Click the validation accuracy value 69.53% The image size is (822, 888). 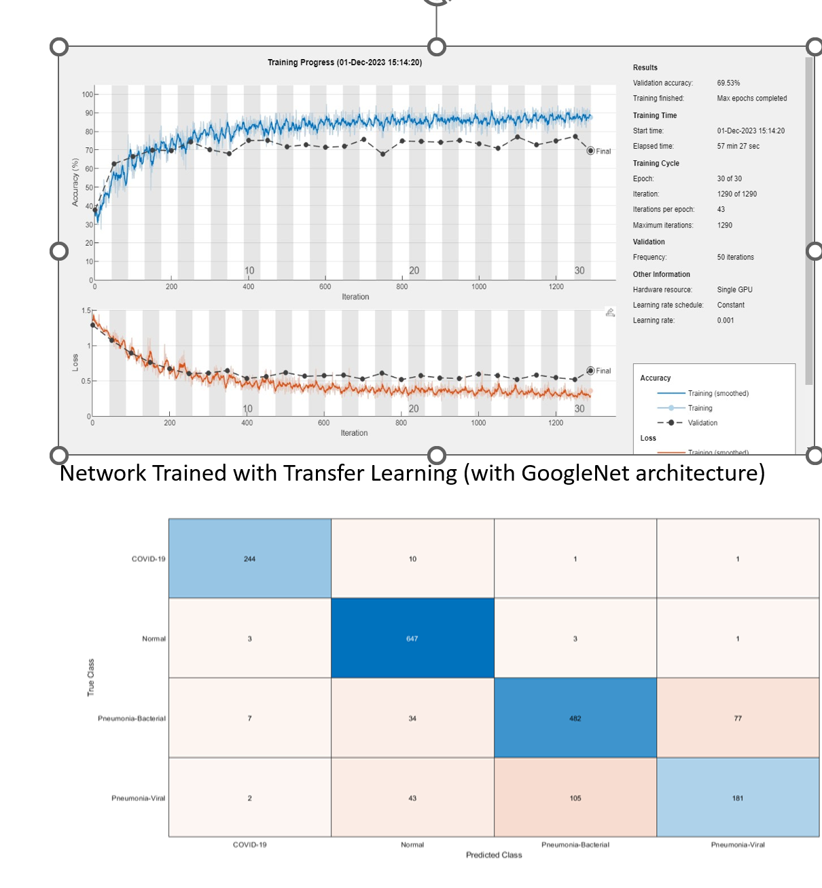click(728, 83)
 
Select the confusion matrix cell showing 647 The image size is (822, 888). click(412, 638)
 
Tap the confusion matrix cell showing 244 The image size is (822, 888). click(249, 559)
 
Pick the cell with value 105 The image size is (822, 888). click(575, 798)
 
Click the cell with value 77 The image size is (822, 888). click(738, 718)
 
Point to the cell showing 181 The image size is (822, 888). click(738, 798)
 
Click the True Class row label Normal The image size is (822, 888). click(154, 638)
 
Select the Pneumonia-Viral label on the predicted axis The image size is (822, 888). click(738, 845)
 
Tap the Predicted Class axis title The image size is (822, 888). click(494, 855)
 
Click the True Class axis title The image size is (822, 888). click(91, 678)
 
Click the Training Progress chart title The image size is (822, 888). click(344, 62)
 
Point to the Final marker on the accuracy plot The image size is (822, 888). click(591, 151)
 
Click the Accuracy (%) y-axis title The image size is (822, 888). click(75, 182)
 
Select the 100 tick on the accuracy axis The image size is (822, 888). click(88, 94)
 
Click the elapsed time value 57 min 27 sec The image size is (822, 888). click(738, 146)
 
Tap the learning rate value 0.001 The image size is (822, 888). click(726, 320)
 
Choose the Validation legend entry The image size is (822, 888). click(702, 423)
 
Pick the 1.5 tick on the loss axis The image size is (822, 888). click(86, 311)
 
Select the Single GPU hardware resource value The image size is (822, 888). click(734, 290)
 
